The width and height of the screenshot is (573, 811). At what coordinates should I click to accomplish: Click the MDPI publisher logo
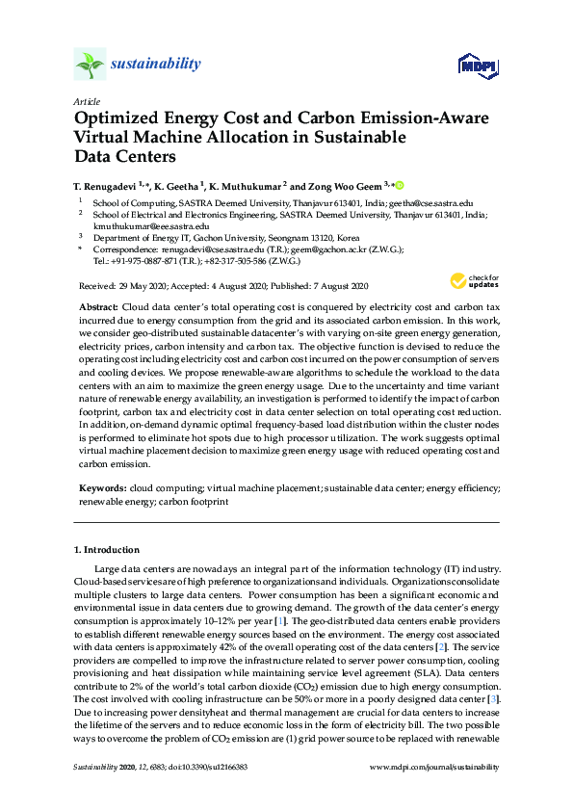[x=479, y=65]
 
